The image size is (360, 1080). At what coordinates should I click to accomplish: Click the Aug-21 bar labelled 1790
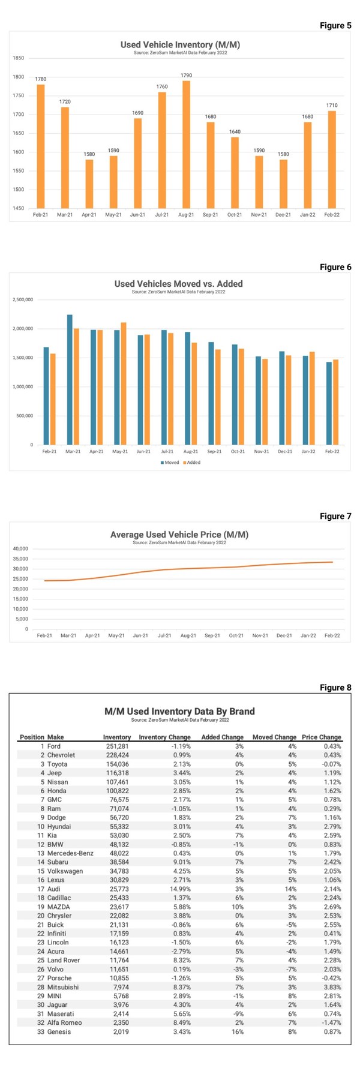coord(186,144)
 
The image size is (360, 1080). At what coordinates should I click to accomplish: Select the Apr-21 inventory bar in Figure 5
coord(89,184)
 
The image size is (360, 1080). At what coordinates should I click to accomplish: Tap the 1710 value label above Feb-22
coord(332,106)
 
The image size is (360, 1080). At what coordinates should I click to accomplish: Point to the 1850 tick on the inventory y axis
coord(18,58)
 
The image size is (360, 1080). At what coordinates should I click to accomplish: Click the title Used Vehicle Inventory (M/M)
coord(180,44)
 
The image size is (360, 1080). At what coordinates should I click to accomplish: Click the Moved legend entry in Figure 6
coord(170,463)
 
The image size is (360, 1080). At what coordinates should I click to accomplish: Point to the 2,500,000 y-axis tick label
coord(23,299)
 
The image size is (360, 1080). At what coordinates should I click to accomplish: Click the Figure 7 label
coord(335,516)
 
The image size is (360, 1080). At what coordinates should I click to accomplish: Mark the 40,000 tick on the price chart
coord(20,548)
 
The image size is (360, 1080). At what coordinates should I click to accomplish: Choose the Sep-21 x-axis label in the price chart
coord(212,635)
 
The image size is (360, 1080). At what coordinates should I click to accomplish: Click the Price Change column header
coord(321,737)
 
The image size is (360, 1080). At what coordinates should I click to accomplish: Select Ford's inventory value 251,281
coord(116,746)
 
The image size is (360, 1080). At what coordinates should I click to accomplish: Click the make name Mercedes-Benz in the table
coord(70,853)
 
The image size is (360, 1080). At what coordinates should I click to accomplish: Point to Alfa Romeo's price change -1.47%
coord(329,1023)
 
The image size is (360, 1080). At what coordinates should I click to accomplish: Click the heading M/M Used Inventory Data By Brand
coord(179,711)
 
